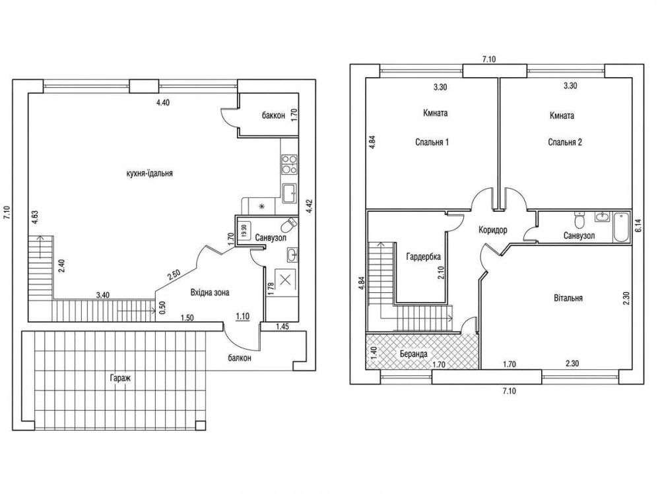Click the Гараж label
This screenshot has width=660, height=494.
120,378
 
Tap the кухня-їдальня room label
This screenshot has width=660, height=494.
149,173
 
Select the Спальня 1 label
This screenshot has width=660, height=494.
432,142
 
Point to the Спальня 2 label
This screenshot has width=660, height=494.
565,142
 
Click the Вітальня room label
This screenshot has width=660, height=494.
568,298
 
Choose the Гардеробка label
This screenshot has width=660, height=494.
424,257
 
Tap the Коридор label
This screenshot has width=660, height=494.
493,230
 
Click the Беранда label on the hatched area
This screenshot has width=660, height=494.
414,354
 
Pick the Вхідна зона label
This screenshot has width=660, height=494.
210,292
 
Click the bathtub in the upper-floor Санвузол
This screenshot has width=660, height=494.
620,228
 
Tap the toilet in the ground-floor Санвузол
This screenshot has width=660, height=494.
289,225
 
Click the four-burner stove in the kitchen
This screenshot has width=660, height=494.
289,164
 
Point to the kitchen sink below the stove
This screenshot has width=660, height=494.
290,193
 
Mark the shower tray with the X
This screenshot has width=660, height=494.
285,280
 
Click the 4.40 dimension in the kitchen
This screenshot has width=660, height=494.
162,102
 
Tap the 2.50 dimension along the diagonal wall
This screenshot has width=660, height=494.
174,275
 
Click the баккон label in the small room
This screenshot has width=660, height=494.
273,115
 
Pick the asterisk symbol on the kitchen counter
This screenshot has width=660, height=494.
262,206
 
